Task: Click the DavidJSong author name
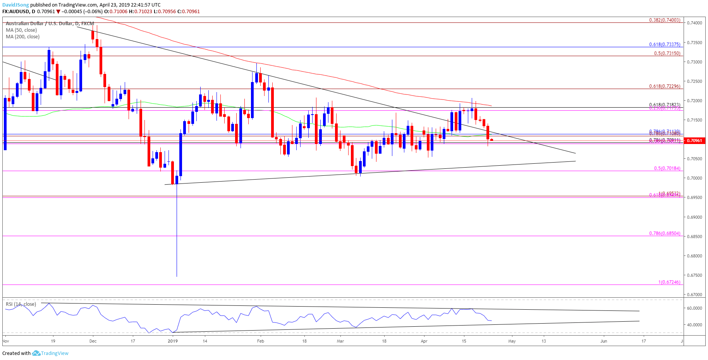tap(15, 5)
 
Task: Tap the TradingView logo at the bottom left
tap(50, 353)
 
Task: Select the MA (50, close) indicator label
tap(21, 30)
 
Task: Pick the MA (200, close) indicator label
tap(22, 37)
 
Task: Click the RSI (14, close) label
tap(21, 304)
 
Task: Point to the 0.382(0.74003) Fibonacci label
tap(665, 20)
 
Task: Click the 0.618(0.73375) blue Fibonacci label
tap(665, 45)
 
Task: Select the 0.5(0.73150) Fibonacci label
tap(667, 53)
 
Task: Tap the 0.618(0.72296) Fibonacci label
tap(665, 86)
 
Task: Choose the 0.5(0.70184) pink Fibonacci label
tap(667, 168)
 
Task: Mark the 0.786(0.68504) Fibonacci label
tap(665, 233)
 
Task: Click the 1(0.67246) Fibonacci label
tap(669, 282)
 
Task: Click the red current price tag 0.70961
tap(694, 141)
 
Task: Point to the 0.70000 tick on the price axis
tap(694, 178)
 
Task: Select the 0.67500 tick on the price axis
tap(694, 275)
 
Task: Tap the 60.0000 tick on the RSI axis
tap(694, 308)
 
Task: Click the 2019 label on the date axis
tap(173, 341)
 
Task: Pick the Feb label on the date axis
tap(261, 341)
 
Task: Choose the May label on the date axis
tap(512, 341)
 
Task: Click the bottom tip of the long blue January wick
tap(177, 276)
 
